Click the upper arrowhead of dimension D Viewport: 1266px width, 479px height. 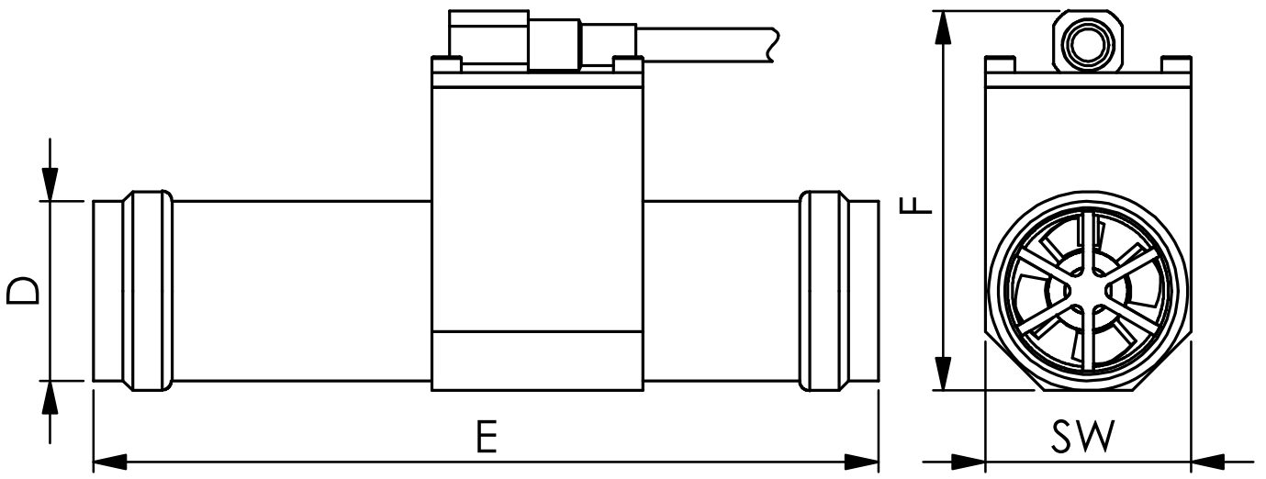click(x=50, y=184)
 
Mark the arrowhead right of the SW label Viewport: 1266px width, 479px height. click(x=1208, y=461)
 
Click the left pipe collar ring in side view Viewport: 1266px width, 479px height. click(x=148, y=291)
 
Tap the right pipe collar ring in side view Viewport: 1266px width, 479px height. click(x=820, y=291)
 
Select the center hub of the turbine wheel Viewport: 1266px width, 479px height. click(x=1086, y=291)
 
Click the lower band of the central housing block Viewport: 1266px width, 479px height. click(x=536, y=359)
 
